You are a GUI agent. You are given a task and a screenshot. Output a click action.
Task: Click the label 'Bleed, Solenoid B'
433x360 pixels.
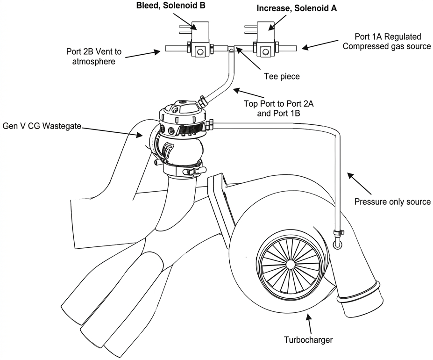171,6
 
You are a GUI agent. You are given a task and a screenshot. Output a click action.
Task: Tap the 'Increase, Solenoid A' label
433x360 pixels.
297,8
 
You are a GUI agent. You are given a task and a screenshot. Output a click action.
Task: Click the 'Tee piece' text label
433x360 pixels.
282,76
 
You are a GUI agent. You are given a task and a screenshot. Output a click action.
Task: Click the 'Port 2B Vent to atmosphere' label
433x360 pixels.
93,56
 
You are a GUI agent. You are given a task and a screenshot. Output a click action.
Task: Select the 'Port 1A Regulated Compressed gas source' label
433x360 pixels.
387,41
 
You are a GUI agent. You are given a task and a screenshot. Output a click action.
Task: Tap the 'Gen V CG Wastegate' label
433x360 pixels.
42,126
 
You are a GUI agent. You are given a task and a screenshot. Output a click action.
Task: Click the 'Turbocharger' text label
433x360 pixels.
308,339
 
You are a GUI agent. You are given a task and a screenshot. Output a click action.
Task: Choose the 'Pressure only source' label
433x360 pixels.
392,202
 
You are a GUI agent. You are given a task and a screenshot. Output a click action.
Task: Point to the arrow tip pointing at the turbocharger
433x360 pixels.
308,314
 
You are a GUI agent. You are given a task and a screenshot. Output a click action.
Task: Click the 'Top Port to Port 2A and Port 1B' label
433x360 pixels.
278,108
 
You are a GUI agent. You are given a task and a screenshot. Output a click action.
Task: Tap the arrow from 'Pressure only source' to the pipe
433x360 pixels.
360,184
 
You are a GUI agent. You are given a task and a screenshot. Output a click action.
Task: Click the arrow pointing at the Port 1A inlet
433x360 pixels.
320,44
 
